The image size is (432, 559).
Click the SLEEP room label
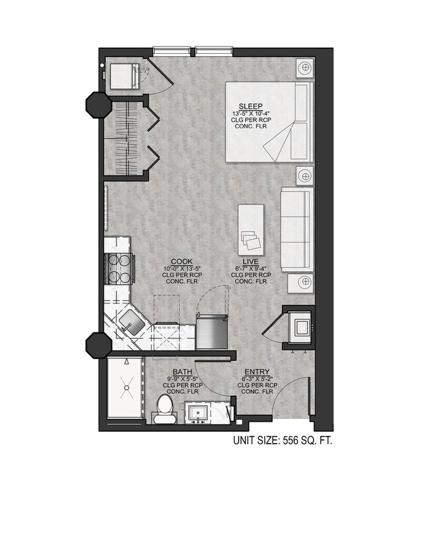[x=251, y=106]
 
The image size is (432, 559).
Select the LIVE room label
[x=251, y=262]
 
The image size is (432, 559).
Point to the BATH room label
[x=183, y=372]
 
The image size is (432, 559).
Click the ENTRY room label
[x=256, y=372]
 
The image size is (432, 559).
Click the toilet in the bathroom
[x=164, y=409]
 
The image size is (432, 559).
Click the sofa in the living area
[x=296, y=229]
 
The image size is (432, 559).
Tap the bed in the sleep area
[x=268, y=122]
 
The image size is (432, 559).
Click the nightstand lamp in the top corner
[x=304, y=67]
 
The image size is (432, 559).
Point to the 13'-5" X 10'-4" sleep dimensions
[x=251, y=113]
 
